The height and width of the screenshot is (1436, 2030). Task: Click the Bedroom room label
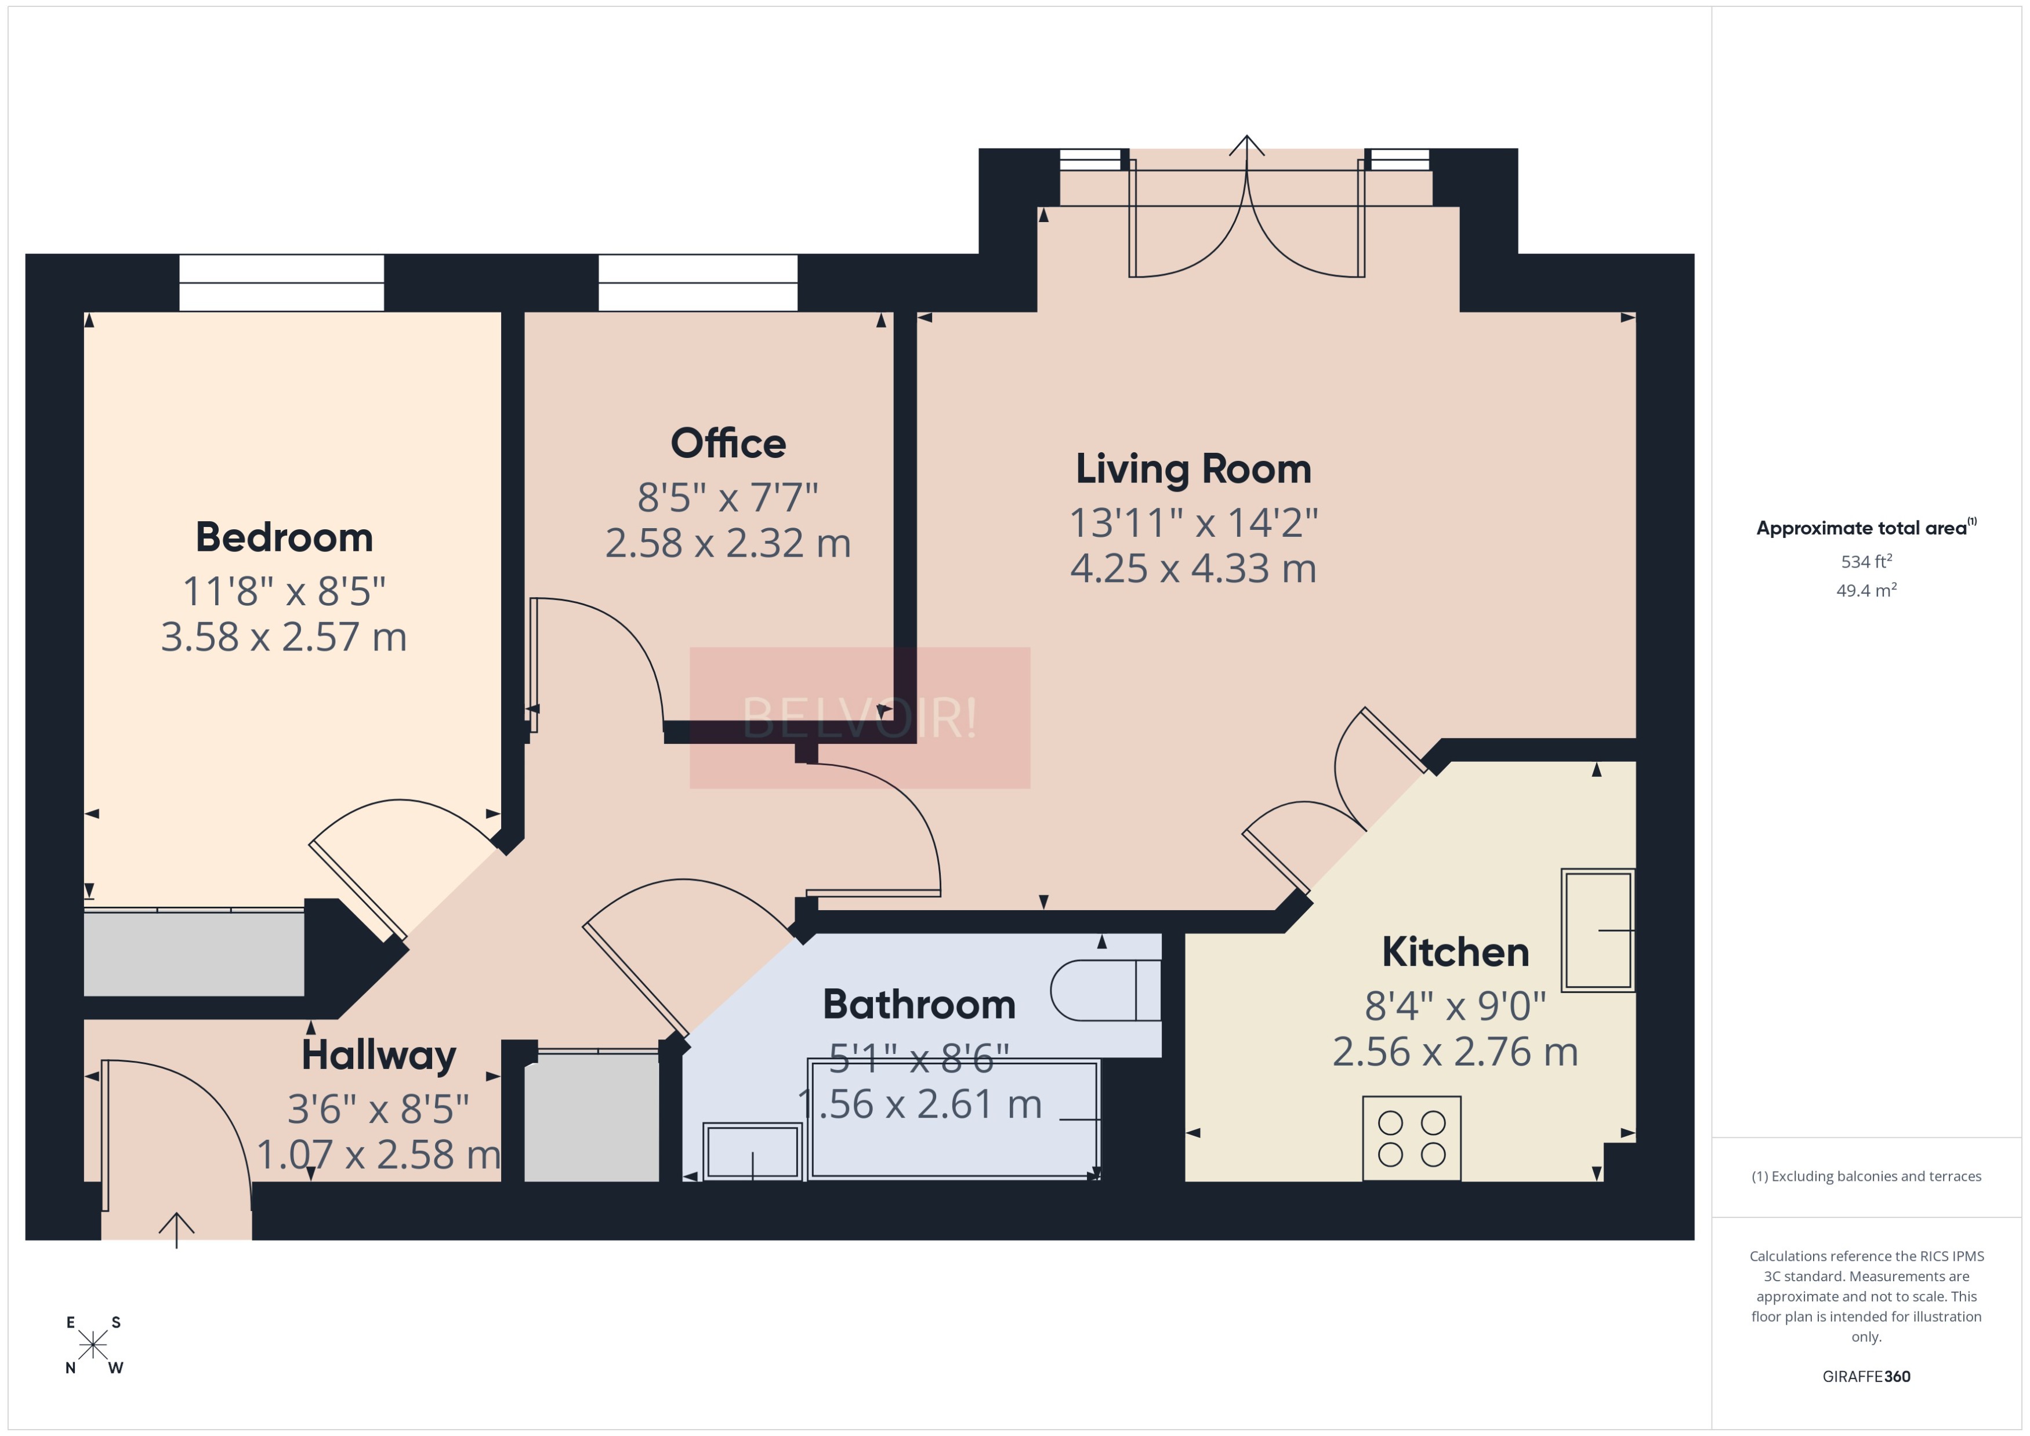pyautogui.click(x=284, y=537)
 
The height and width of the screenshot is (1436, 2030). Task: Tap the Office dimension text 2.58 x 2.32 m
pyautogui.click(x=728, y=543)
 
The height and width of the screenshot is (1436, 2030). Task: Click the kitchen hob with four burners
pyautogui.click(x=1411, y=1138)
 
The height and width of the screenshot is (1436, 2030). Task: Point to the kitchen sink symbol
pyautogui.click(x=1597, y=930)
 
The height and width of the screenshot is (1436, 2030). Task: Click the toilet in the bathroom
pyautogui.click(x=1105, y=990)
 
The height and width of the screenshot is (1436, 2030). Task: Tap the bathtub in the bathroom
pyautogui.click(x=954, y=1119)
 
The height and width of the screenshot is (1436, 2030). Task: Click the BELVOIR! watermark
pyautogui.click(x=860, y=717)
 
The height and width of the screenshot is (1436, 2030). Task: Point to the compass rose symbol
pyautogui.click(x=93, y=1345)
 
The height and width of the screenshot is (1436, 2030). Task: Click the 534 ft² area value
pyautogui.click(x=1866, y=562)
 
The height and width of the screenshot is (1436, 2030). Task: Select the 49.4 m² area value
pyautogui.click(x=1866, y=590)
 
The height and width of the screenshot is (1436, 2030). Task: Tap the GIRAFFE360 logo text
pyautogui.click(x=1866, y=1376)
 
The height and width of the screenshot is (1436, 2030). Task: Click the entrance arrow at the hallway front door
pyautogui.click(x=177, y=1228)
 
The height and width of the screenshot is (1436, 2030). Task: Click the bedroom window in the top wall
pyautogui.click(x=281, y=283)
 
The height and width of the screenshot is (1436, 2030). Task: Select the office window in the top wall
pyautogui.click(x=698, y=283)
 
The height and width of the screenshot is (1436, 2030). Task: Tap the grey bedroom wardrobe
pyautogui.click(x=194, y=953)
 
